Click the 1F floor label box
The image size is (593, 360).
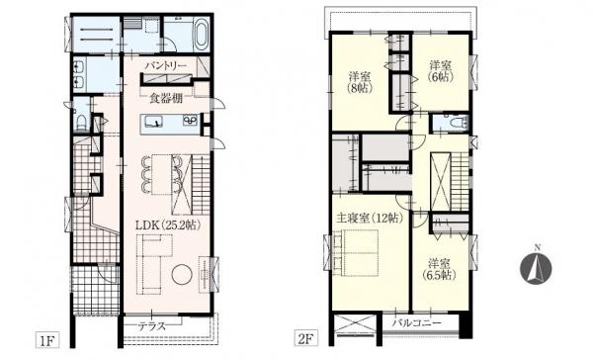[47, 339]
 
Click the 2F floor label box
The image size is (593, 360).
[306, 338]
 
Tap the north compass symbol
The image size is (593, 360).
[536, 266]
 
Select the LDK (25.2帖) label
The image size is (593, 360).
[168, 225]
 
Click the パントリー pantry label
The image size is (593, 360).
[166, 65]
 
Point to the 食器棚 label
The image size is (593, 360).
[166, 98]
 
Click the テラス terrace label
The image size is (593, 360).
[152, 326]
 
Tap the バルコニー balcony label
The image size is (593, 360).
[417, 323]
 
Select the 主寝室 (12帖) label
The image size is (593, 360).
[370, 218]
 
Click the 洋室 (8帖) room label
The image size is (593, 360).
[360, 82]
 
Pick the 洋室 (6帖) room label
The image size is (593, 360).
[441, 71]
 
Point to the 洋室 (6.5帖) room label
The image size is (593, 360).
[439, 269]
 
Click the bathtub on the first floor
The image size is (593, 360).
[201, 35]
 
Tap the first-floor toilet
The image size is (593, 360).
[81, 121]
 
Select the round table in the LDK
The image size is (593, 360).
[182, 275]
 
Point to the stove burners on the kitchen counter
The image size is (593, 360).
[190, 121]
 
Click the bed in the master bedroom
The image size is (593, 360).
[356, 253]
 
